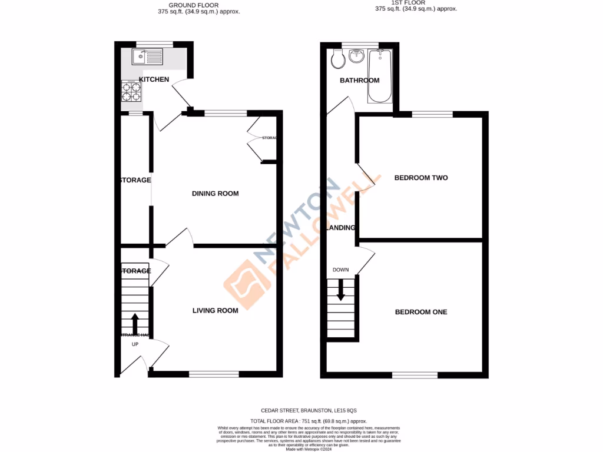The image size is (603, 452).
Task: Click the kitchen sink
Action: coord(147,57)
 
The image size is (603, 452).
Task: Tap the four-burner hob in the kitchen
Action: coord(130,91)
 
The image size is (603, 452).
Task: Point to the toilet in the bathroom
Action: coord(337,59)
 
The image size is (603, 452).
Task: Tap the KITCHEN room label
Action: coord(154,79)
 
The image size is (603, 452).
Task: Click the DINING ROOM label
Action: coord(216,194)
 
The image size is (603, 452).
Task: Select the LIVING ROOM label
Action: coord(216,311)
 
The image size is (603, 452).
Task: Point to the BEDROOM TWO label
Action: coord(421,178)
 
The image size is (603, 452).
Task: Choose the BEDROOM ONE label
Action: coord(421,312)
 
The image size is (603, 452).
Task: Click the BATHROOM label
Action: coord(360,81)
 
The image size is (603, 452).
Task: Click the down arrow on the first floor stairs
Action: coord(340,290)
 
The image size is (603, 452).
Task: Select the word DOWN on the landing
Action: coord(340,270)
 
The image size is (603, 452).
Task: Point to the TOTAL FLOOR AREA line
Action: coord(309,421)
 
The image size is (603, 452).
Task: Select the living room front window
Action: coord(214,374)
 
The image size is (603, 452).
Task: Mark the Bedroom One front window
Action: coord(415,374)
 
